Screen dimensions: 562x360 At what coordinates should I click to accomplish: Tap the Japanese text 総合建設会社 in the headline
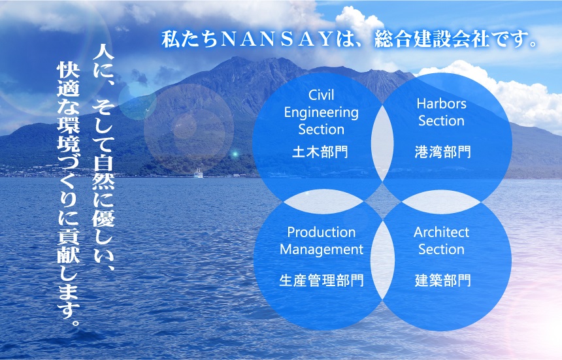click(432, 39)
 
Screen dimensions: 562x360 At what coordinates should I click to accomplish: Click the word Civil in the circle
click(321, 95)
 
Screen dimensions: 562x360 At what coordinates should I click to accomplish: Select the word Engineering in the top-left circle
click(321, 113)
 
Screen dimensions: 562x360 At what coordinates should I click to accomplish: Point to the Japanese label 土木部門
click(320, 152)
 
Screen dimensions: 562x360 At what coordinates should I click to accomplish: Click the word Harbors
click(442, 104)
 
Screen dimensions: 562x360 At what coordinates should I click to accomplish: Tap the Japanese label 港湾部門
click(442, 152)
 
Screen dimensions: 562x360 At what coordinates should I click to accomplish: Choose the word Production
click(322, 233)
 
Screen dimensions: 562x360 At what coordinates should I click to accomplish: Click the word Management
click(322, 250)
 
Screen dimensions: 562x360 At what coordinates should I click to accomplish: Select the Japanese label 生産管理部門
click(322, 280)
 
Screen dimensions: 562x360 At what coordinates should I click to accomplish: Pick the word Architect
click(442, 233)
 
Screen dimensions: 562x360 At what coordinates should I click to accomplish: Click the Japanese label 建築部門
click(442, 280)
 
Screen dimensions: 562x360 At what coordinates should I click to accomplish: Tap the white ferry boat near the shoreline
click(198, 173)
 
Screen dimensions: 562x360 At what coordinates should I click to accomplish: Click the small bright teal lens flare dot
click(235, 154)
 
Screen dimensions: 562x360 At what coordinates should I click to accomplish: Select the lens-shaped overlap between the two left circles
click(323, 202)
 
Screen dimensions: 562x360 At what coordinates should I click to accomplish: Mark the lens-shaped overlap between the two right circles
click(441, 202)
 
